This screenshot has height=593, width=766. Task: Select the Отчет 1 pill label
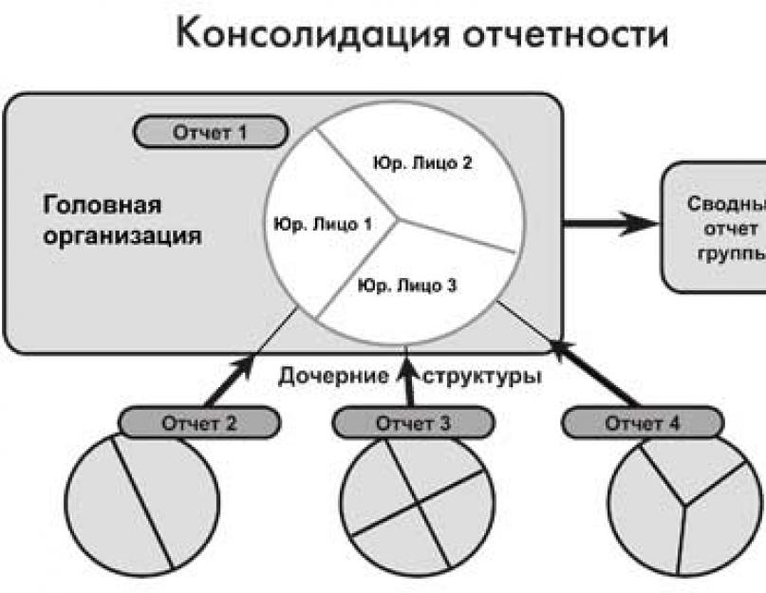tap(209, 132)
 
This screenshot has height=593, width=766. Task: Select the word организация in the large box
tap(122, 235)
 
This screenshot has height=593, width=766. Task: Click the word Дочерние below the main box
tap(333, 376)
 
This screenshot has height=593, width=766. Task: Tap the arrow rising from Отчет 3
tap(408, 380)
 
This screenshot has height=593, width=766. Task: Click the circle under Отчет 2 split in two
tap(142, 503)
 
